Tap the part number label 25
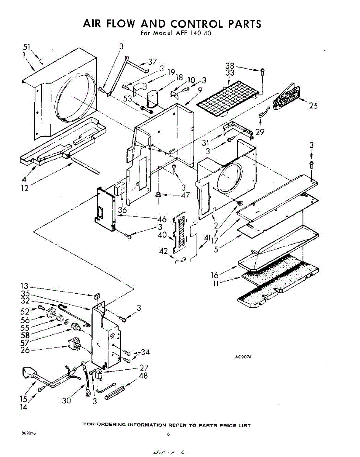pos(313,106)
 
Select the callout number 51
pos(27,47)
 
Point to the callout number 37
pos(152,62)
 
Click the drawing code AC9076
pos(243,357)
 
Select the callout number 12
pos(25,189)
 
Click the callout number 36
pos(122,210)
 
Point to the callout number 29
pos(260,132)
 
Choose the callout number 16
pos(215,275)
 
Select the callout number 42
pos(163,251)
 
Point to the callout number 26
pos(25,350)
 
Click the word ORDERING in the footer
pos(109,425)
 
